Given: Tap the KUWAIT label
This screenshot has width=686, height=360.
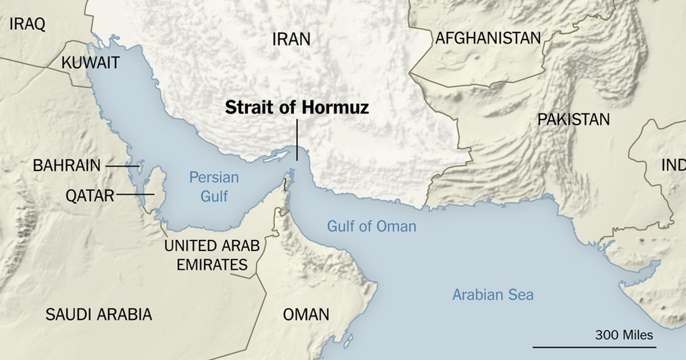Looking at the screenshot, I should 90,62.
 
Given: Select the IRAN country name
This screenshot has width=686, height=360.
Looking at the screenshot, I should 291,39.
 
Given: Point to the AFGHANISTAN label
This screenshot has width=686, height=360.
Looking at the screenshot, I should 488,38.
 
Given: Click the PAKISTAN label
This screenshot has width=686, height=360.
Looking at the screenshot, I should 573,119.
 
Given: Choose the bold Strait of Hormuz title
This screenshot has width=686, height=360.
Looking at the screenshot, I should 297,107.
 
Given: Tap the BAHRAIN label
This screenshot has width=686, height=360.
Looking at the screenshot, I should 66,166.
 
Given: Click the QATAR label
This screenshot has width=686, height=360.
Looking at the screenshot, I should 89,196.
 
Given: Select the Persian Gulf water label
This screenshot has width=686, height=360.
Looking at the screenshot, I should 214,187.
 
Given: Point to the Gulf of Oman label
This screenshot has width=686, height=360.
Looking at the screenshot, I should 372,226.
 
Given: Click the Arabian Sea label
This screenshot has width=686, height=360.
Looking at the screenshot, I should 493,295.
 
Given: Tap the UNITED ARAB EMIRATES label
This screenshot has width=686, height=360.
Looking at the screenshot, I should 212,255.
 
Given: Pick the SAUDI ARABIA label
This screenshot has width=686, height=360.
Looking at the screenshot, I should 99,314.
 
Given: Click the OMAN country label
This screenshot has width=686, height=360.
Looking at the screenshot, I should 306,314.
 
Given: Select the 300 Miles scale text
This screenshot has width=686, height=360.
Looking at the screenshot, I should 624,335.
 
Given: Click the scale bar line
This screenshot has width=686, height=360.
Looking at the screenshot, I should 595,346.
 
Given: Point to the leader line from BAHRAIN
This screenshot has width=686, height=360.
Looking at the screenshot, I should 119,166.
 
